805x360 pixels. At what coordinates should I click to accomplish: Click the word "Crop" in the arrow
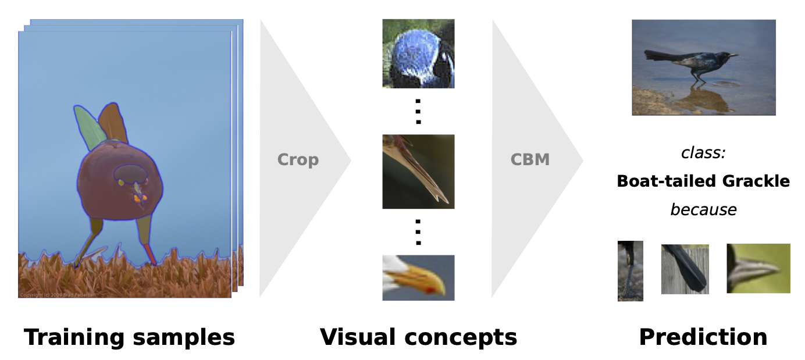click(x=298, y=159)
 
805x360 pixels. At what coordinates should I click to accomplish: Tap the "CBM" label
click(x=530, y=159)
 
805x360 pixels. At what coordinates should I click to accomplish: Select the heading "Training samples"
click(x=129, y=337)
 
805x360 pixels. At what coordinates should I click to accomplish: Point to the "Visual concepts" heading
click(x=418, y=337)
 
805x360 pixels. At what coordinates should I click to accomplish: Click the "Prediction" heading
click(x=703, y=337)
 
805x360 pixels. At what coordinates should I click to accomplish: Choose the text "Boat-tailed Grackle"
click(x=703, y=181)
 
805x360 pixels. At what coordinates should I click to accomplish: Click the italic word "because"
click(x=703, y=209)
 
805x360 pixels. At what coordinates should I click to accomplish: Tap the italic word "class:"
click(x=703, y=154)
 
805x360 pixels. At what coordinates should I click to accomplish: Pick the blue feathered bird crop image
click(x=418, y=54)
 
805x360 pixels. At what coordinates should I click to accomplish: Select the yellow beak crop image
click(x=418, y=277)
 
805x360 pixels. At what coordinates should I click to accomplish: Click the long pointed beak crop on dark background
click(x=418, y=172)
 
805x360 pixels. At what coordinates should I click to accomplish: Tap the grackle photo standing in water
click(x=703, y=67)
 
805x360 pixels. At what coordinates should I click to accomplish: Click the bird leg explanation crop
click(x=630, y=271)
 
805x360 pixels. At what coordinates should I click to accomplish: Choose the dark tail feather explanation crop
click(x=685, y=269)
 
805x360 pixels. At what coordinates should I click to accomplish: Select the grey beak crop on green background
click(x=758, y=268)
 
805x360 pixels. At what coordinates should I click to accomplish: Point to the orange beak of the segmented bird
click(x=138, y=198)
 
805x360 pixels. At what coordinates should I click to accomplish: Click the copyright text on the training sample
click(x=55, y=295)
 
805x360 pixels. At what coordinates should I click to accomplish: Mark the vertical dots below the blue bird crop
click(x=418, y=111)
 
